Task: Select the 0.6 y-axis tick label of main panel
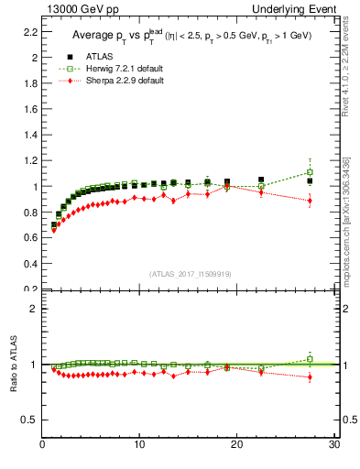29,238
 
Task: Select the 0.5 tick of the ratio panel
29,420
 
